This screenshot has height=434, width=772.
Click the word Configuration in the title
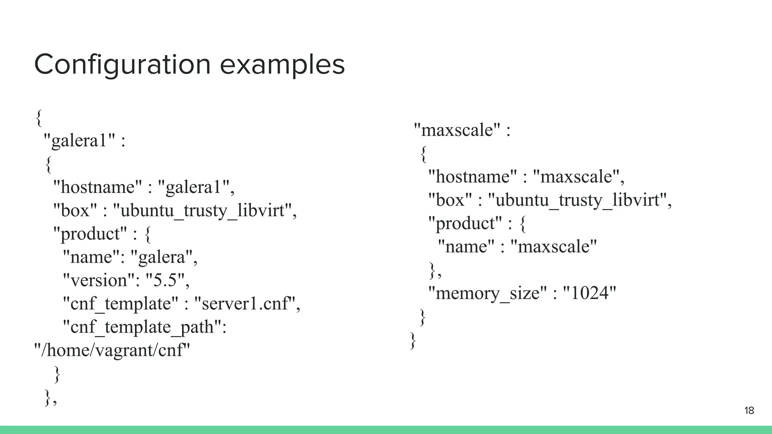tap(123, 65)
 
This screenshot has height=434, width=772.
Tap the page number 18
tap(749, 411)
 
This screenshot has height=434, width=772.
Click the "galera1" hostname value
tap(194, 187)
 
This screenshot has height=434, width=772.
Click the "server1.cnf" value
tap(244, 304)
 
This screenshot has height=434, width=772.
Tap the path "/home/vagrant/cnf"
tap(112, 350)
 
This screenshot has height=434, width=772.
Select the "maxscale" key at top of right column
tap(457, 130)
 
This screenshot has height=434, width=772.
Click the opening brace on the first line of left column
tap(38, 118)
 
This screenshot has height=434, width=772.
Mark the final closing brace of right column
tap(413, 340)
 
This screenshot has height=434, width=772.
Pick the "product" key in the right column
tap(465, 223)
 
